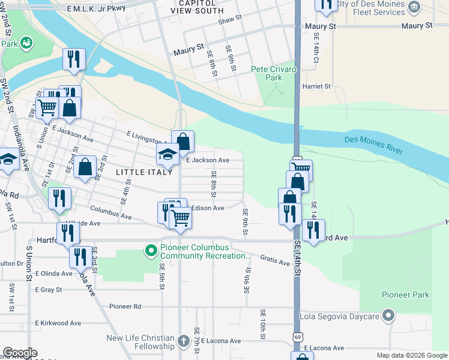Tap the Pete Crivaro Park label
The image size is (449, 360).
click(x=274, y=74)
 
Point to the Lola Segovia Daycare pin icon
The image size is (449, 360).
click(x=388, y=315)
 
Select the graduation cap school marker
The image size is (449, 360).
click(x=167, y=155)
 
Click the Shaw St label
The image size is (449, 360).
click(x=230, y=19)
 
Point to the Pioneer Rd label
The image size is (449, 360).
click(x=125, y=306)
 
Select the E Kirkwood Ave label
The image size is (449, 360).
click(x=58, y=323)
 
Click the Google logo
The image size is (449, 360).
click(x=20, y=353)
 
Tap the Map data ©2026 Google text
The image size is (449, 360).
click(x=412, y=355)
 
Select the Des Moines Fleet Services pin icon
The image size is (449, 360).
click(x=415, y=7)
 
